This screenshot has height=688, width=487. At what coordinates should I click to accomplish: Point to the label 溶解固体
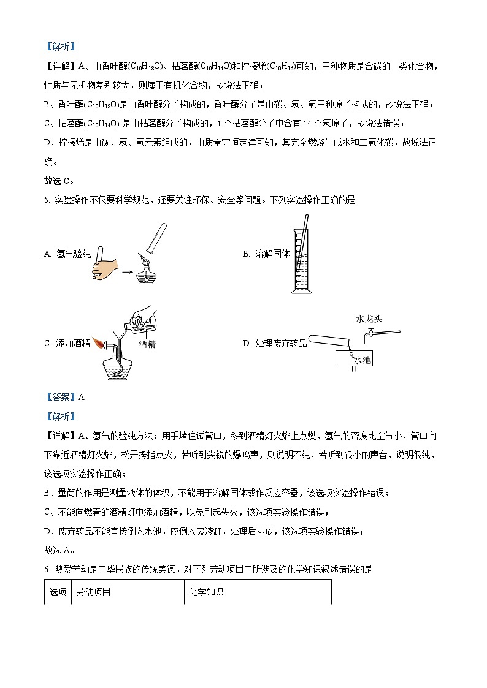tap(272, 254)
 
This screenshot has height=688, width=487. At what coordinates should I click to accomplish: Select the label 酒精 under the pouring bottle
tap(147, 344)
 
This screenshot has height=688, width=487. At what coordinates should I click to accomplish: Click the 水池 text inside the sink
tap(362, 361)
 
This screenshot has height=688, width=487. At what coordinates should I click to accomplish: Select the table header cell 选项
tap(58, 592)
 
